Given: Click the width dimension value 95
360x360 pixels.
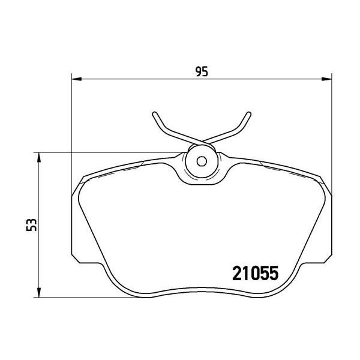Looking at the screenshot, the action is click(202, 71).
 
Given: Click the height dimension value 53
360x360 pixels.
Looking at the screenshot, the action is click(31, 225).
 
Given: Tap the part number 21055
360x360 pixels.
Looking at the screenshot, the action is click(256, 273).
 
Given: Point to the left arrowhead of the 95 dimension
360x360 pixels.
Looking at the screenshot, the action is click(77, 79).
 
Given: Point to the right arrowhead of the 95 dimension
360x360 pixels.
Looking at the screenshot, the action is click(327, 79).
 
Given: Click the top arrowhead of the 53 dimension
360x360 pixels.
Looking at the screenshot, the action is click(39, 157).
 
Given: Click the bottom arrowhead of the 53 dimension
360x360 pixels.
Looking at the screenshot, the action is click(39, 293).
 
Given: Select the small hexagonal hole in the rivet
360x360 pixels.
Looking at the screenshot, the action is click(202, 161).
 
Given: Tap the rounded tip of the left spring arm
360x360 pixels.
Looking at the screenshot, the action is click(155, 113).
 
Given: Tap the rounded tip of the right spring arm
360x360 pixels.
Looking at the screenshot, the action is click(249, 113).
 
